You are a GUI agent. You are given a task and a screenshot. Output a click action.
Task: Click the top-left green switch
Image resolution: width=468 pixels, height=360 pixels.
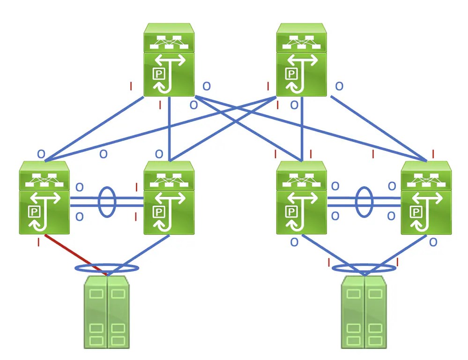click(169, 60)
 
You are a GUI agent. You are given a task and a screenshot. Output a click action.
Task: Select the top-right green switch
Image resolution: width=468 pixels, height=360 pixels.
click(301, 60)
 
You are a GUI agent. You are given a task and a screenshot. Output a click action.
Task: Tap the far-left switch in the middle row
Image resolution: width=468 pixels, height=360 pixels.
click(44, 198)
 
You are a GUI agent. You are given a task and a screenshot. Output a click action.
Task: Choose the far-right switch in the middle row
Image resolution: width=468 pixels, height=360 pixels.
click(426, 198)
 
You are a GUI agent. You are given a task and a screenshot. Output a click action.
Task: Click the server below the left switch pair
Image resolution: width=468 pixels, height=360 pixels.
click(107, 312)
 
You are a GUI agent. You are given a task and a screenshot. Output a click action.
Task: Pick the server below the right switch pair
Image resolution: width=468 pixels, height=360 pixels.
click(364, 312)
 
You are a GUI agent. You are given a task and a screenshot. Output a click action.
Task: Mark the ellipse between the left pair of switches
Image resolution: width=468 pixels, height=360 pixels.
click(107, 202)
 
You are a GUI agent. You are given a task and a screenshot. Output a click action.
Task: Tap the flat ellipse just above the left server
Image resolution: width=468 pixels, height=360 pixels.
click(107, 269)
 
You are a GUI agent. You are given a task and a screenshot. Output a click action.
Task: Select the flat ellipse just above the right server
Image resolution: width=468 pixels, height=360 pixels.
click(364, 268)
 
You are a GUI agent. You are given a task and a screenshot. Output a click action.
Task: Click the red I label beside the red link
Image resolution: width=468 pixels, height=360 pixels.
click(38, 242)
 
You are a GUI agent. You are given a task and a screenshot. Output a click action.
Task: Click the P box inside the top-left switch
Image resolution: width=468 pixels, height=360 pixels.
click(159, 74)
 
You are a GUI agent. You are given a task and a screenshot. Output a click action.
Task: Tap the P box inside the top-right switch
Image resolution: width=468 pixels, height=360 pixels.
click(292, 74)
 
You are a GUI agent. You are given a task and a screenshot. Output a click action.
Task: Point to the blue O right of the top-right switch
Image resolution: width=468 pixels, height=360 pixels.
click(338, 86)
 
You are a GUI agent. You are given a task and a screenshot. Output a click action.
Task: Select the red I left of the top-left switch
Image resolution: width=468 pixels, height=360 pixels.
click(131, 86)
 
